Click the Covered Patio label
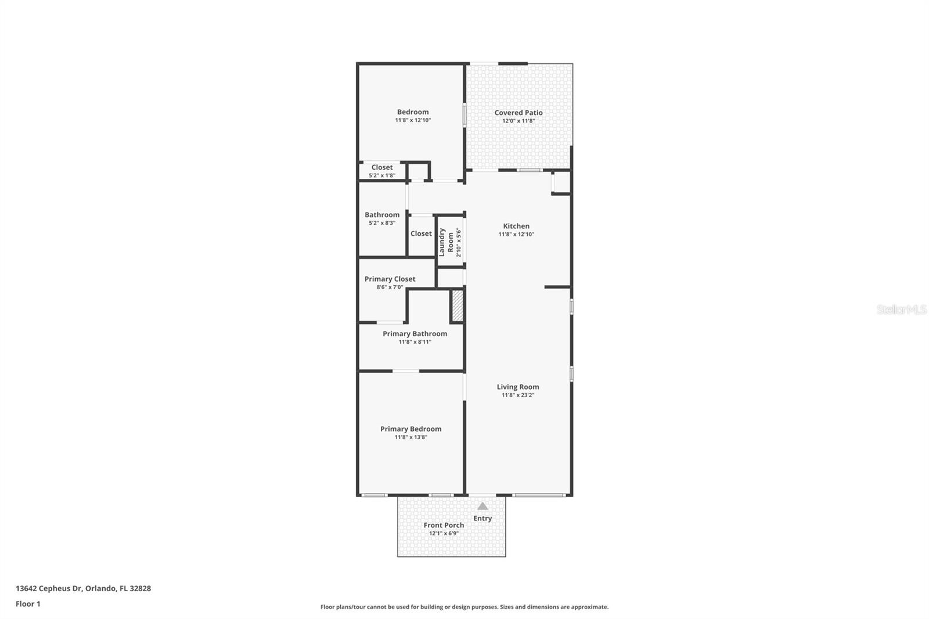518,113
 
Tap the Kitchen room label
516,226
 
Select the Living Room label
518,387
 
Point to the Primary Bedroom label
411,429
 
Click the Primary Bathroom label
415,333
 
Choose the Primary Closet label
390,279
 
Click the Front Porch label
444,525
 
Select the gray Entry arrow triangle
482,506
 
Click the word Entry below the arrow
482,518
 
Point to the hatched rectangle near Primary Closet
458,306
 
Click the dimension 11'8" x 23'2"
518,395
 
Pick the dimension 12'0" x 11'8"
518,121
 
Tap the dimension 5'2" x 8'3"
382,223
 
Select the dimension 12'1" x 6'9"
444,533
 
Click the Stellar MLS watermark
901,310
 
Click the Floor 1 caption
28,604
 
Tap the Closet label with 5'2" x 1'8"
382,167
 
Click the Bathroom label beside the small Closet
382,214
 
